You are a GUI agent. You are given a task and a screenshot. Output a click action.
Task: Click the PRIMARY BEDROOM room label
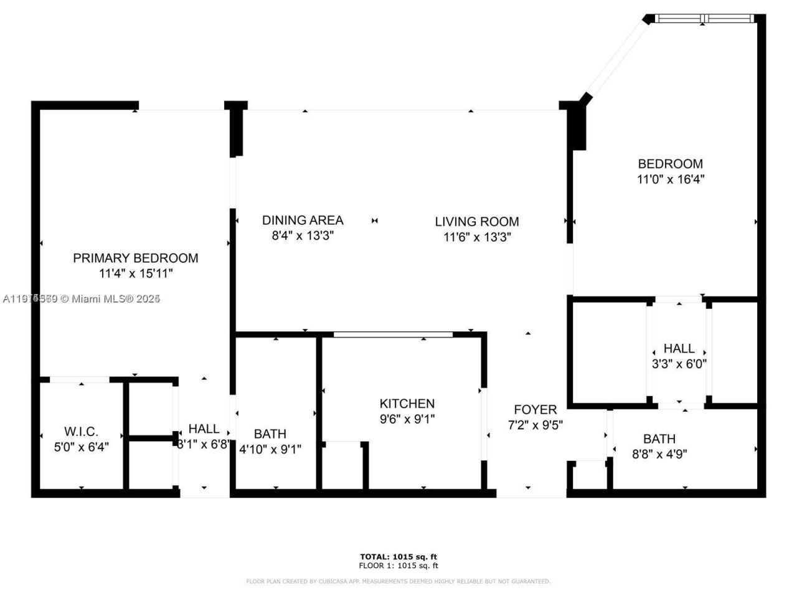pos(135,258)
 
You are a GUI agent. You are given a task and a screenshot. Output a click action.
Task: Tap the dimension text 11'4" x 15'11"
pos(135,273)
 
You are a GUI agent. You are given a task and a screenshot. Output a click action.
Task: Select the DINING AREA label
pos(302,220)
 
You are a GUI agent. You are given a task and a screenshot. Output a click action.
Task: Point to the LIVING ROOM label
pos(476,221)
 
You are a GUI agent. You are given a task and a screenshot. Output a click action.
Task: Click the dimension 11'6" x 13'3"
pos(476,237)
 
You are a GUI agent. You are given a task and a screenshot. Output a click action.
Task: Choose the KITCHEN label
pos(407,404)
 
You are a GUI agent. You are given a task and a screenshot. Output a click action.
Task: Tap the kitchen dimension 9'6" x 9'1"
pos(407,419)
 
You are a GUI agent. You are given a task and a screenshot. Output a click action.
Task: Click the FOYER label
pos(535,410)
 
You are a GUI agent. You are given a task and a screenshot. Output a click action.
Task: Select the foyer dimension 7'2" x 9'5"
pos(535,425)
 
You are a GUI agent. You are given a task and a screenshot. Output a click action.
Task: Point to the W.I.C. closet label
pos(81,432)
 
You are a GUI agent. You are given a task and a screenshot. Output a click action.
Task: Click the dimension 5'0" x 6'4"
pos(81,447)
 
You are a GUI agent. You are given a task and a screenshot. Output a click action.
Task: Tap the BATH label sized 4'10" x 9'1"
pos(270,434)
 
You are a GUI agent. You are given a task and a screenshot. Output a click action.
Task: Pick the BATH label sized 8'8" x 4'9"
pos(659,439)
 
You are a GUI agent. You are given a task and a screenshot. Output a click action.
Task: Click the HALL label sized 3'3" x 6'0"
pos(679,348)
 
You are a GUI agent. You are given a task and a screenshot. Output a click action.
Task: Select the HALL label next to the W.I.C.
pos(204,429)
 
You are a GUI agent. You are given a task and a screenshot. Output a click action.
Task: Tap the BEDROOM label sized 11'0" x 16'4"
pos(670,164)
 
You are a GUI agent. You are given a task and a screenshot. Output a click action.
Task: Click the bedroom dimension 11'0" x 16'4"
pos(670,179)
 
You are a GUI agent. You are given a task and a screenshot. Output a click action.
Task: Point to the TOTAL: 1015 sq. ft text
pos(398,556)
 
